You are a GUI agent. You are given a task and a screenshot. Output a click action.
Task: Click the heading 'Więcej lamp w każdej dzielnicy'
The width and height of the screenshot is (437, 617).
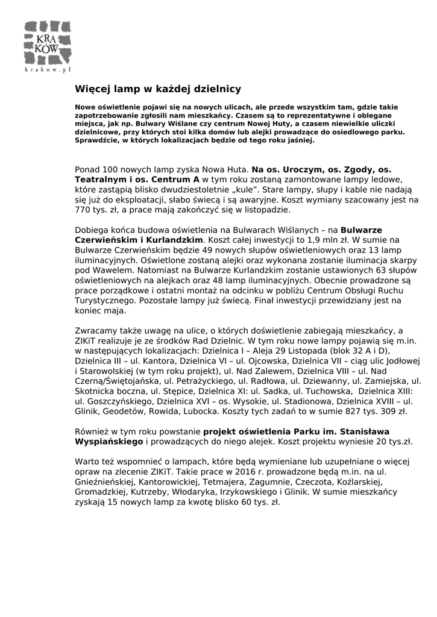click(158, 89)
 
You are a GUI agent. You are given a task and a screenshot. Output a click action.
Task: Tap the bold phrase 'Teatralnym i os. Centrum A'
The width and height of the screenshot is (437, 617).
click(137, 180)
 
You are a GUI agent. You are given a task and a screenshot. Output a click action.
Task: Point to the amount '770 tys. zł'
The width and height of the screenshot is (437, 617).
click(97, 210)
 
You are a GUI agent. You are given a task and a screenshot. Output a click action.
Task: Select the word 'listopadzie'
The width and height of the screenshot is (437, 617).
click(268, 210)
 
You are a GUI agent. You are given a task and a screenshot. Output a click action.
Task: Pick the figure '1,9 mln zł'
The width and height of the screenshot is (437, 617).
click(304, 239)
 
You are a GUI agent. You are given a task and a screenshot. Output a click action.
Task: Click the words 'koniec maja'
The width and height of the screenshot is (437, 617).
click(100, 311)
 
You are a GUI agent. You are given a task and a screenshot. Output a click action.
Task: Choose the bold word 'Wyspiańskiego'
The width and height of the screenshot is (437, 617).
click(109, 442)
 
